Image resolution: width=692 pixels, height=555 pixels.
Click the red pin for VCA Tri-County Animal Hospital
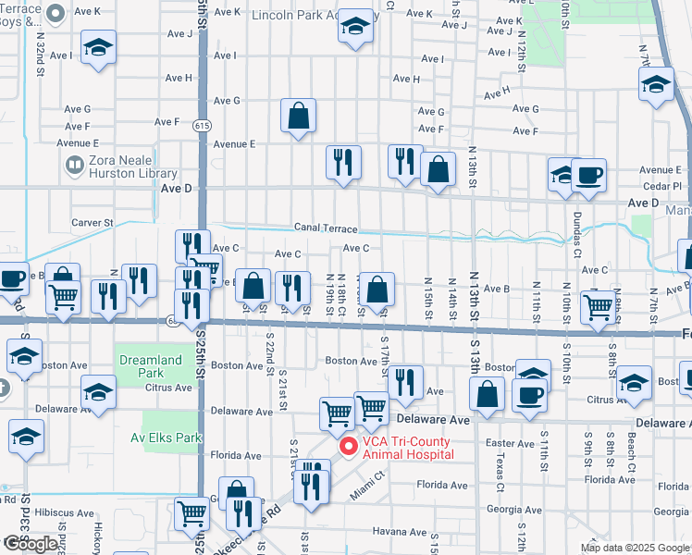(349, 447)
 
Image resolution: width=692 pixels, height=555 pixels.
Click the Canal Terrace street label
(326, 228)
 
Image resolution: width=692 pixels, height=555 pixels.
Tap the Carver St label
(93, 223)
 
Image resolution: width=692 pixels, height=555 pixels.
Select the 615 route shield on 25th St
(201, 125)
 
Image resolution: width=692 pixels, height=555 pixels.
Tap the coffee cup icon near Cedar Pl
(588, 175)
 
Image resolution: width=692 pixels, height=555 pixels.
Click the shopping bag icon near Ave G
(298, 117)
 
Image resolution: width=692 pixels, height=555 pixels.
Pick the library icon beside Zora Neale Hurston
(75, 166)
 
